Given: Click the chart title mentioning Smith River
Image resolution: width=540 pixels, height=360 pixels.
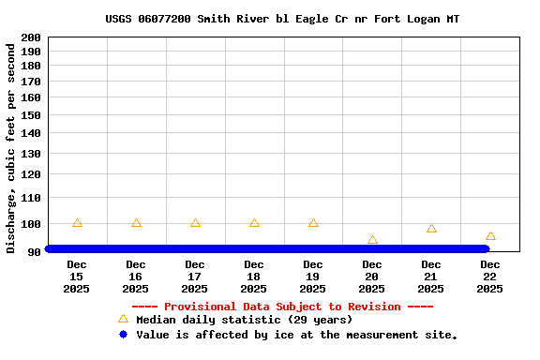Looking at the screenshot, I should (x=282, y=19).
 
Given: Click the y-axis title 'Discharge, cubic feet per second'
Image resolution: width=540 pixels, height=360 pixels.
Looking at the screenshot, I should (x=11, y=147).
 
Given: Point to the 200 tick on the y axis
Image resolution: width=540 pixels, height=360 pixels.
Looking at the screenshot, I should (x=30, y=37).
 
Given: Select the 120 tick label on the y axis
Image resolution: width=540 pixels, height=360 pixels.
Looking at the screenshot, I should (x=30, y=174).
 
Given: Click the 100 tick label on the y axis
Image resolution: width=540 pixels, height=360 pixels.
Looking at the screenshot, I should (x=30, y=224).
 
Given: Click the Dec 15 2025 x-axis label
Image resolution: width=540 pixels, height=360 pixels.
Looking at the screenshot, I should (x=77, y=277).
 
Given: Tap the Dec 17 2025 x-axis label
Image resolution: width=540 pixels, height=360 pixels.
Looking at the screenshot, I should (x=195, y=277).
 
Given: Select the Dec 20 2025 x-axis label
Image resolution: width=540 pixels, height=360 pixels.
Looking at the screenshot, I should (x=372, y=277).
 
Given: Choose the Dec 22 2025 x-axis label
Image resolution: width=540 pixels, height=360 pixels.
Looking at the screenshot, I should (x=490, y=277).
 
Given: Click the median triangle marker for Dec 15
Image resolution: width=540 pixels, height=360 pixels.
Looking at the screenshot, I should (x=77, y=223).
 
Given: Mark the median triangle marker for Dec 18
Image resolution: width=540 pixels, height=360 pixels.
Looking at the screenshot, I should (x=254, y=223).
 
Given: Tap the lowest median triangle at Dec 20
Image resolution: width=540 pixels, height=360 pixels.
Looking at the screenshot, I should (x=372, y=241).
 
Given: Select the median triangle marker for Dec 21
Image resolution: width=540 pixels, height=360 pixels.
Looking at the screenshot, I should (x=431, y=229).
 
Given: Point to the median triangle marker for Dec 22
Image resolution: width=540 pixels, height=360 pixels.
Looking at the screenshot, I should (x=490, y=236).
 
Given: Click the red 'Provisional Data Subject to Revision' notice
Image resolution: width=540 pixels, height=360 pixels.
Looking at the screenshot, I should (x=282, y=307).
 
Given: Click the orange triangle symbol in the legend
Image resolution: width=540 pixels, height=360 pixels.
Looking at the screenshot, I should (x=123, y=320).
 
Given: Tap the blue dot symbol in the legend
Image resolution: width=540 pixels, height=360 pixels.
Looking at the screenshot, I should (x=123, y=335).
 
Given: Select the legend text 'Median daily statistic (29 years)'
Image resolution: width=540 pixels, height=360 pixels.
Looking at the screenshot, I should (x=245, y=321).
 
